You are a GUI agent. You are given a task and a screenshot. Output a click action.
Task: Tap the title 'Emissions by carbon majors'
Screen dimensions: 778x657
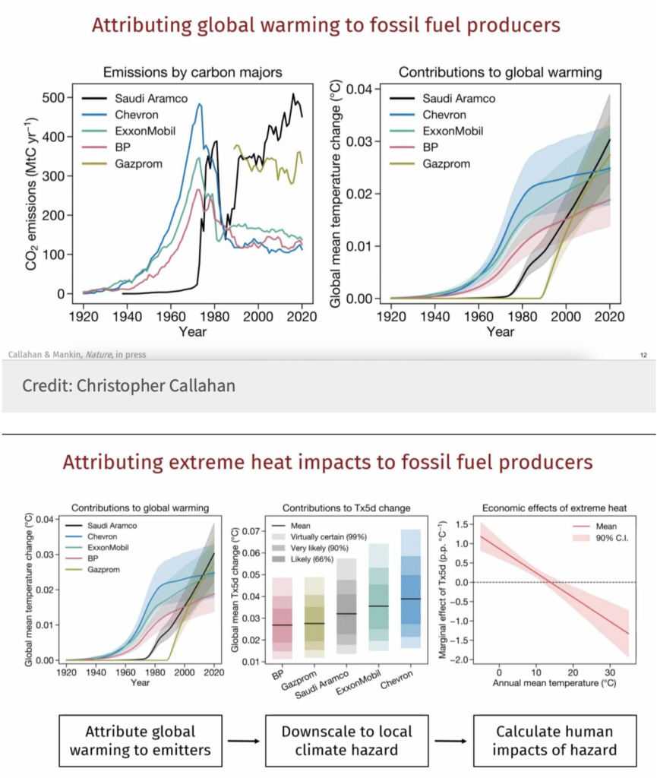[192, 73]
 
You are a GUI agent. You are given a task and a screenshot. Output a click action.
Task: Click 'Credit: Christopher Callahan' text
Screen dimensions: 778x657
[128, 385]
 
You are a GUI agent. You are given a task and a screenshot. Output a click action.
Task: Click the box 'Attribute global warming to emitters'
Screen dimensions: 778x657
[140, 741]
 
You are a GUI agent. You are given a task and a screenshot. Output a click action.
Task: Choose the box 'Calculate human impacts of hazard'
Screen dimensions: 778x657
[555, 741]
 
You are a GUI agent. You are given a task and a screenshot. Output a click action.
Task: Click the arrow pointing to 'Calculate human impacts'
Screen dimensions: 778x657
[452, 741]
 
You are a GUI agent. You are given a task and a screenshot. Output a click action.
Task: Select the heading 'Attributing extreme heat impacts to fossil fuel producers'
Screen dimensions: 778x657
[327, 463]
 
